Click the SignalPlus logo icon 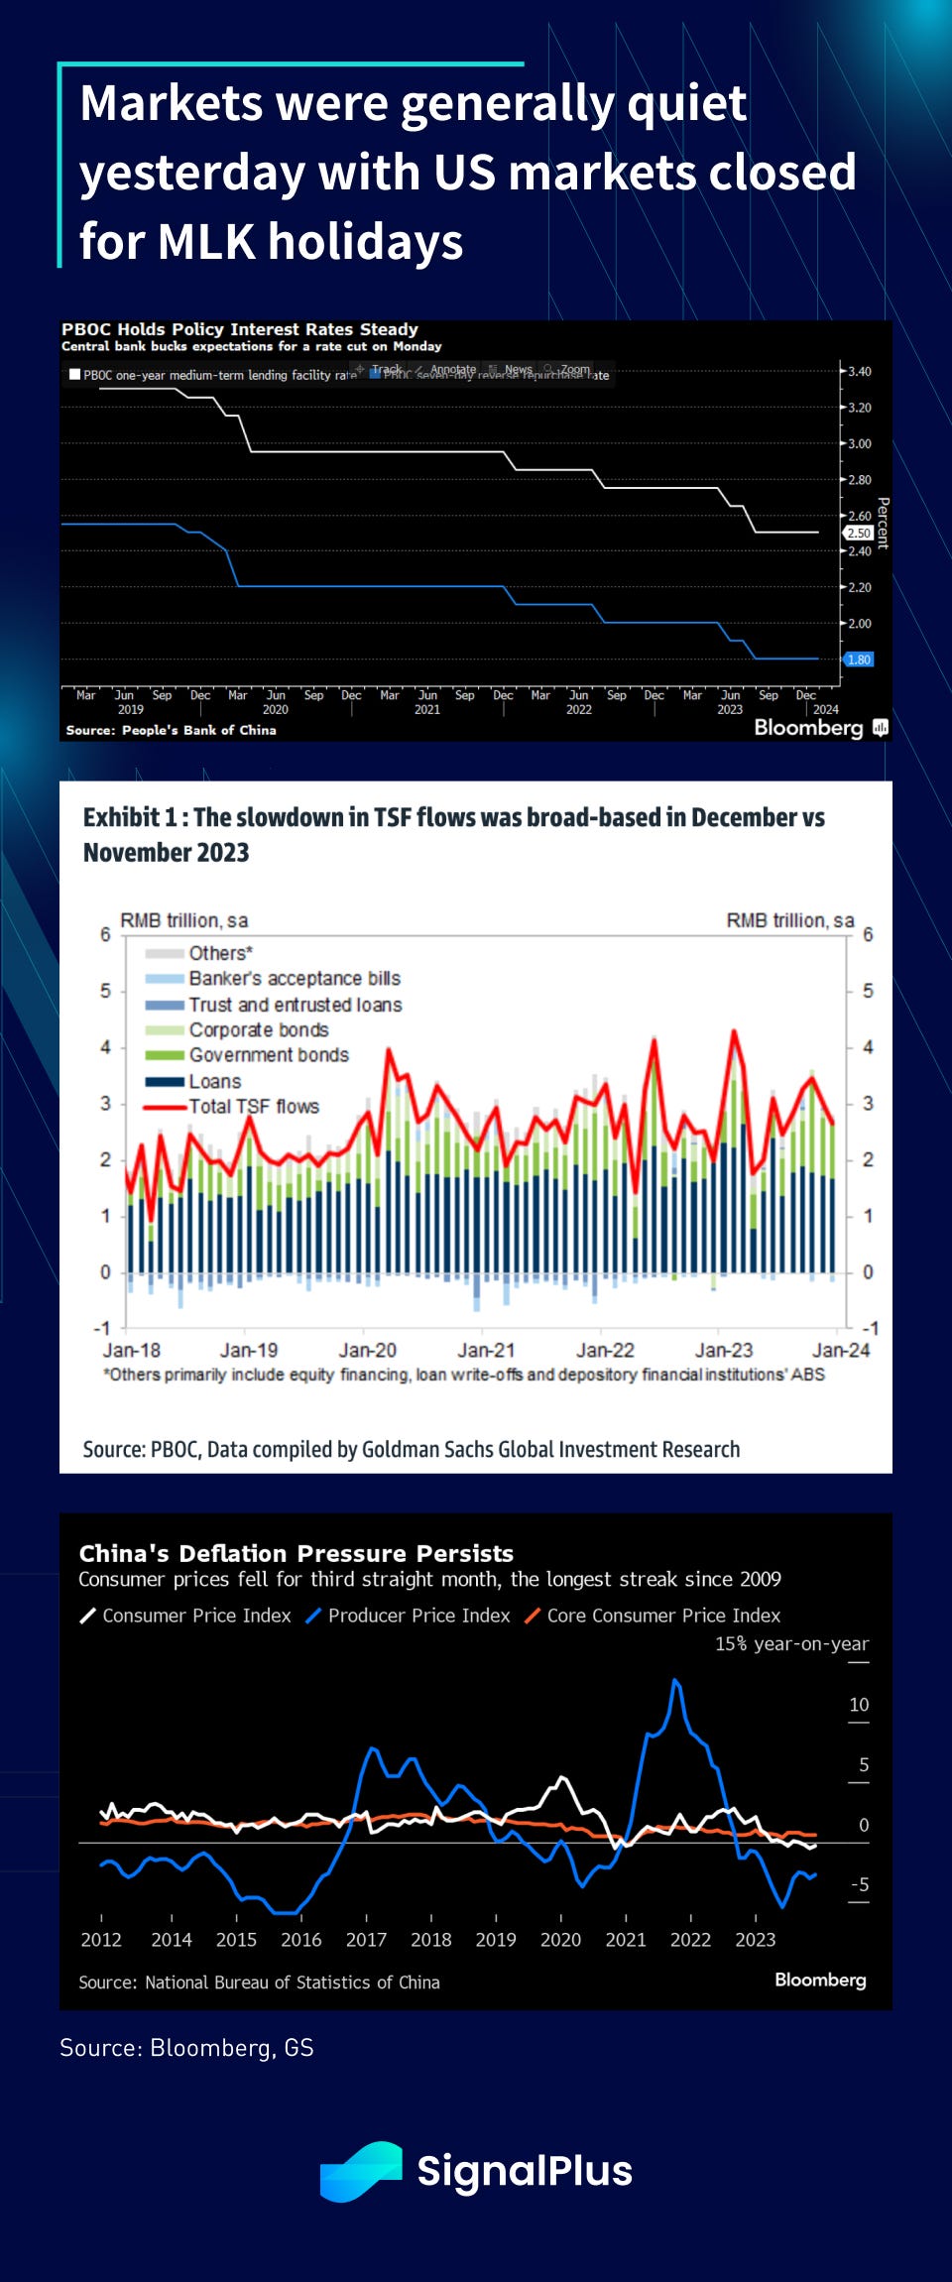tap(361, 2172)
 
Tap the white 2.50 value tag tap(859, 533)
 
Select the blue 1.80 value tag tap(859, 660)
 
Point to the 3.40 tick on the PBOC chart tap(859, 372)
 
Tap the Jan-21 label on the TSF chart tap(486, 1351)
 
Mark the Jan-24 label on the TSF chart tap(841, 1351)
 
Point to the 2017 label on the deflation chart tap(366, 1940)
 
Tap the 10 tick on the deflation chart tap(859, 1705)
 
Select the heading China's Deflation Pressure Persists tap(296, 1553)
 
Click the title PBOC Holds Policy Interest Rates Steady tap(240, 329)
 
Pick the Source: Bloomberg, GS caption tap(186, 2048)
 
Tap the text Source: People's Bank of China tap(171, 730)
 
